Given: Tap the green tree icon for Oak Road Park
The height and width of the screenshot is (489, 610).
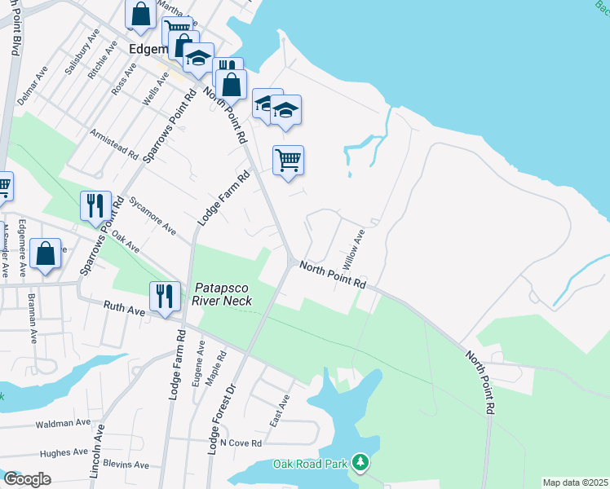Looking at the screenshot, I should coord(360,464).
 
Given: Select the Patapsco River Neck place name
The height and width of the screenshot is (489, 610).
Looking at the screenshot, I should coord(223,294).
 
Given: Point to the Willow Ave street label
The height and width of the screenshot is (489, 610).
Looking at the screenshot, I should coord(353,249).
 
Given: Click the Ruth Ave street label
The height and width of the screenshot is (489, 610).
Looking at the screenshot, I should coord(124,308).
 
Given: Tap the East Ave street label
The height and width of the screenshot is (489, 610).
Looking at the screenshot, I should coord(280,413).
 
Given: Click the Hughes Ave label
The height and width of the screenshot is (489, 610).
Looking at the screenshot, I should coord(63,452).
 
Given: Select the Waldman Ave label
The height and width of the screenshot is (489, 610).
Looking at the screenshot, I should coord(63,424).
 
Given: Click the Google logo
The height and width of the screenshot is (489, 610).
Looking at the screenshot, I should coord(27,479).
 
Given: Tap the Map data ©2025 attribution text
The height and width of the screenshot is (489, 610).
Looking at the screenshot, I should coord(574,482).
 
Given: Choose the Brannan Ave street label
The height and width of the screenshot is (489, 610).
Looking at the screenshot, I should coord(33,318).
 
